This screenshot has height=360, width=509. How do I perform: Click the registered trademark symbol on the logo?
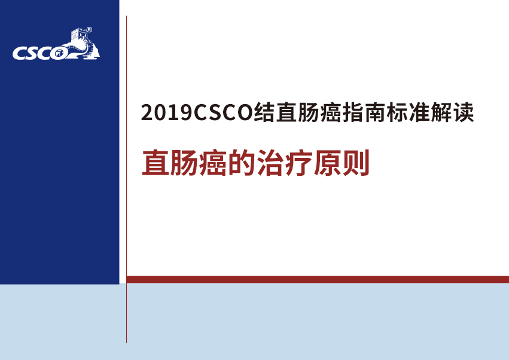click(89, 30)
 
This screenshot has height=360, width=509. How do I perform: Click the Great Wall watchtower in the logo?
click(79, 35)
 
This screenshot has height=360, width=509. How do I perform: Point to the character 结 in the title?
click(264, 112)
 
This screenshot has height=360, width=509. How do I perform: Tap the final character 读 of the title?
click(464, 112)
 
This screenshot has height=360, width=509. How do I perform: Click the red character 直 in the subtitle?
click(156, 163)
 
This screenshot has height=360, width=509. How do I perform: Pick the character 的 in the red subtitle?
click(242, 163)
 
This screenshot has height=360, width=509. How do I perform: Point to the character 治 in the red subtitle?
click(270, 163)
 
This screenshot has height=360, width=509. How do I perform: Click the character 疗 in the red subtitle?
click(298, 163)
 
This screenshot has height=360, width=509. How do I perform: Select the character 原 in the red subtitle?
click(327, 163)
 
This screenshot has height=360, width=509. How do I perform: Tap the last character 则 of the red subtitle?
click(356, 163)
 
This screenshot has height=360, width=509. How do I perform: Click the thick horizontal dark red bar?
click(318, 279)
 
